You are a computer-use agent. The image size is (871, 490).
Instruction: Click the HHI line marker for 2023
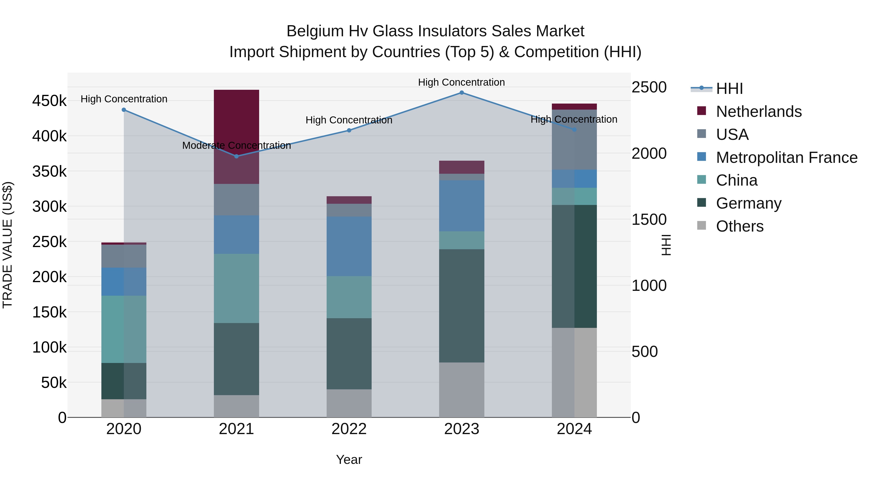coord(462,93)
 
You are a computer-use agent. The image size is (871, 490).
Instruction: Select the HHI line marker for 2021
coord(236,156)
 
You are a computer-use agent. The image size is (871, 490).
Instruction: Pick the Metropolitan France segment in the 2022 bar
coord(349,246)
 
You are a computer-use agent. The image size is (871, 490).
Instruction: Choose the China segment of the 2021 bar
coord(236,288)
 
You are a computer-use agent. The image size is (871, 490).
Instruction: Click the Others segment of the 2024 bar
coord(574,372)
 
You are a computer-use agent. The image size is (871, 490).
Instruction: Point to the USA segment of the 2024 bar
coord(574,139)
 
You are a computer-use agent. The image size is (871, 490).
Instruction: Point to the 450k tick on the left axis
coord(49,101)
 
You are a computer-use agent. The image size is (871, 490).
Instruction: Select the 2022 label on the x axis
coord(349,429)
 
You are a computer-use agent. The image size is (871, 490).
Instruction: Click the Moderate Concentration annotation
coord(236,145)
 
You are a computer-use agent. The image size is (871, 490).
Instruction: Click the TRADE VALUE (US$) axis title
coord(8,245)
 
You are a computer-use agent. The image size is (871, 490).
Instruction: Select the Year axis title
coord(349,460)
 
